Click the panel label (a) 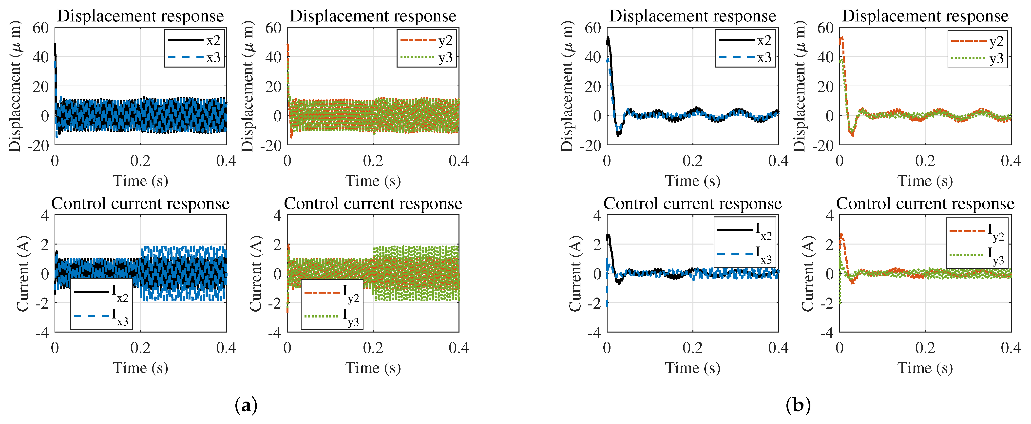pos(246,406)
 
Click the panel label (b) pos(798,406)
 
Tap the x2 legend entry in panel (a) pos(194,40)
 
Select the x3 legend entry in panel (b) pos(745,58)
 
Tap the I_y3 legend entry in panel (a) pos(332,317)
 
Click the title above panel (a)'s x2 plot pos(140,16)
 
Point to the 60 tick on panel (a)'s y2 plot pos(273,28)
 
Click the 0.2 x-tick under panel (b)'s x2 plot pos(693,161)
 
